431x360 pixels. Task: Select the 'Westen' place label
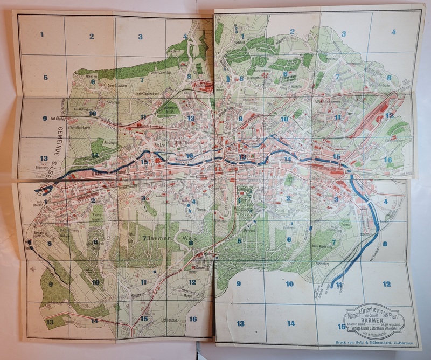click(x=92, y=78)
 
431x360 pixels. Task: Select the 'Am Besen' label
click(x=174, y=51)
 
